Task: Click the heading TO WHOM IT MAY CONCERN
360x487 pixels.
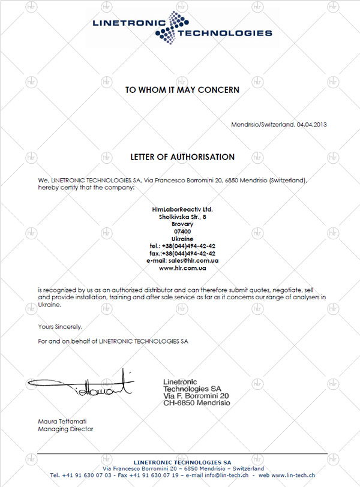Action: (x=182, y=90)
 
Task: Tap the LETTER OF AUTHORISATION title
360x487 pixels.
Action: (x=182, y=157)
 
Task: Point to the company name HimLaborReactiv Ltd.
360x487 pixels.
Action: (x=182, y=209)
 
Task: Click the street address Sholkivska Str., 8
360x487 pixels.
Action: (x=182, y=217)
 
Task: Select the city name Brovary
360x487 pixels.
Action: (x=182, y=224)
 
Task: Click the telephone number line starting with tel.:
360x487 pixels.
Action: (x=182, y=246)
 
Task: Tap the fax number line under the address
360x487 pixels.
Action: (x=182, y=253)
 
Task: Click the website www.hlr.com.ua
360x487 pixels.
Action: (x=182, y=267)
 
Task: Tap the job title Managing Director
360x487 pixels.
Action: (x=65, y=429)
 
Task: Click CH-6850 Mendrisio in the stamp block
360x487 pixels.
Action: (x=196, y=404)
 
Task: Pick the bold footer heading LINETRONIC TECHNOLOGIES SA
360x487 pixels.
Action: (x=182, y=461)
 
